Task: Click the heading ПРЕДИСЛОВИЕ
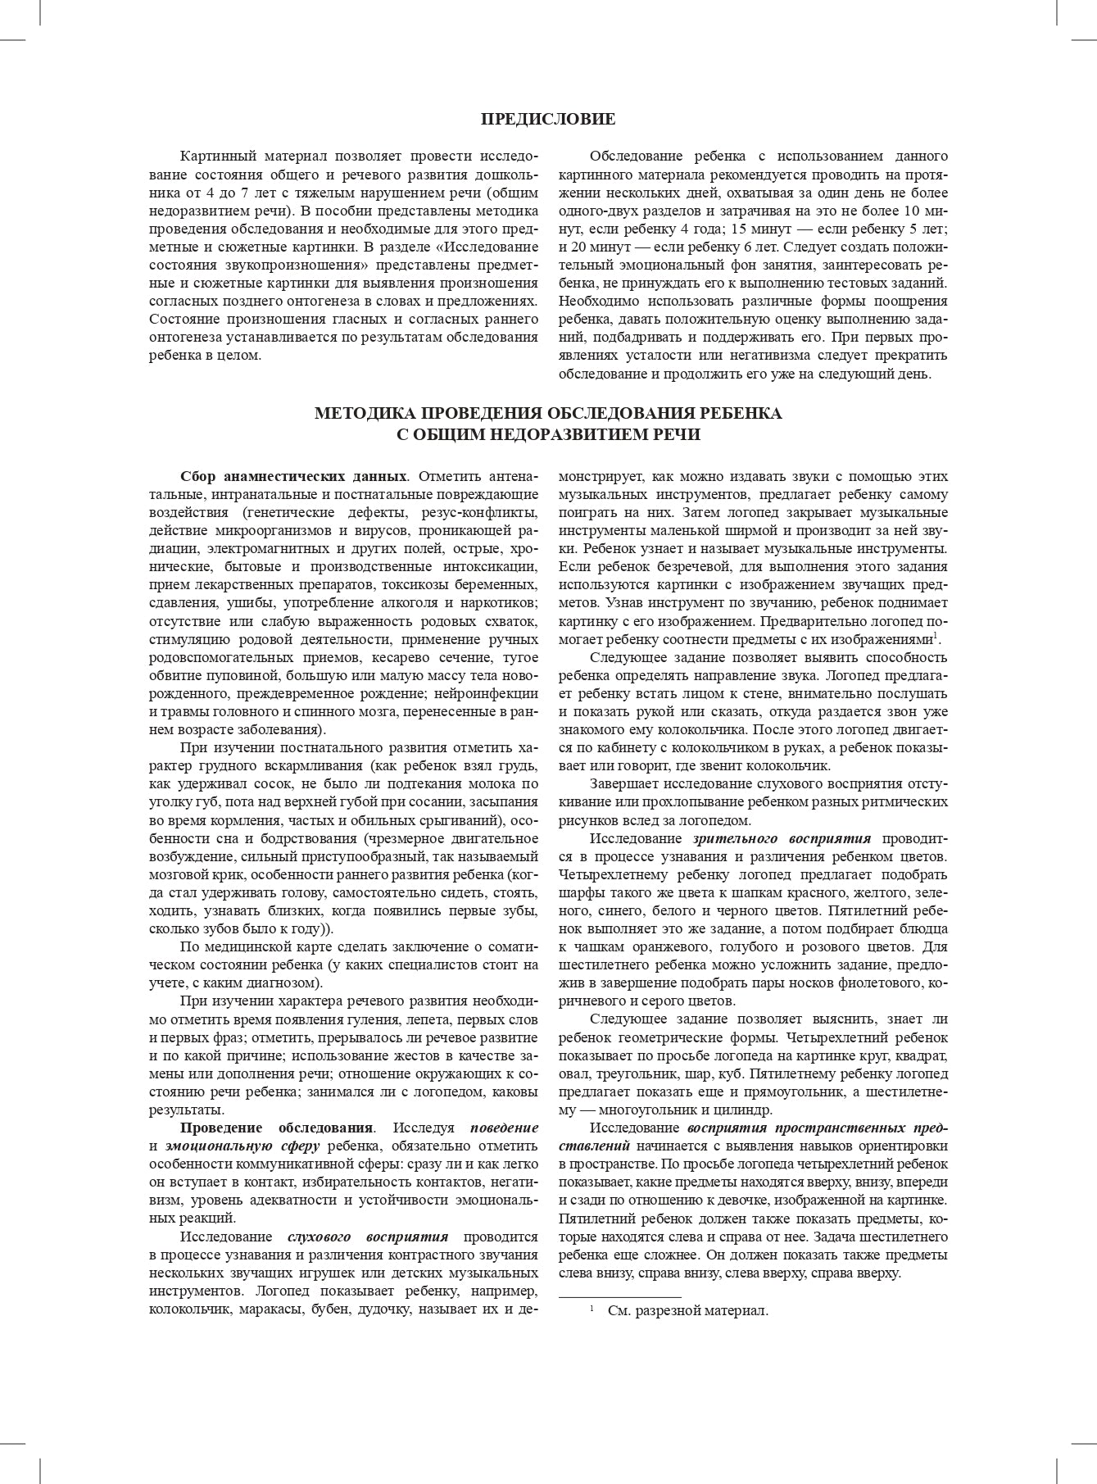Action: click(548, 120)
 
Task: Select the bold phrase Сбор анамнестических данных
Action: click(293, 476)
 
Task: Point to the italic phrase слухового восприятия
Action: click(368, 1237)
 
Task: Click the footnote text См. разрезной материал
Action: click(687, 1310)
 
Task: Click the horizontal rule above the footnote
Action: click(619, 1297)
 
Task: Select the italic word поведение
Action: click(504, 1128)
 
